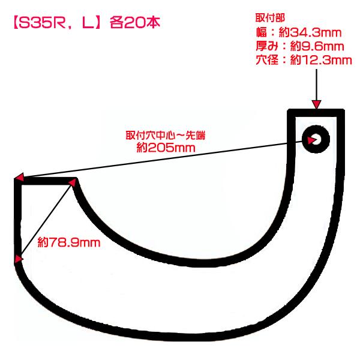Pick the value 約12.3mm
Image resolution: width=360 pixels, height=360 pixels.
pyautogui.click(x=320, y=60)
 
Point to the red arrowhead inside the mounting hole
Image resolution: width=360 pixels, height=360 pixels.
pyautogui.click(x=311, y=140)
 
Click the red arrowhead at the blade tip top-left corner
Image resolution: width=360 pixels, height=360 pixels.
pyautogui.click(x=19, y=178)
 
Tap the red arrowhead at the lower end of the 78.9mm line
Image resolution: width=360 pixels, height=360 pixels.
pyautogui.click(x=19, y=259)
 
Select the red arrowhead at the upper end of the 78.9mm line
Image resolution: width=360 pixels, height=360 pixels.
pyautogui.click(x=73, y=181)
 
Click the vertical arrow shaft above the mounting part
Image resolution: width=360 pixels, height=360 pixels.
pyautogui.click(x=317, y=84)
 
